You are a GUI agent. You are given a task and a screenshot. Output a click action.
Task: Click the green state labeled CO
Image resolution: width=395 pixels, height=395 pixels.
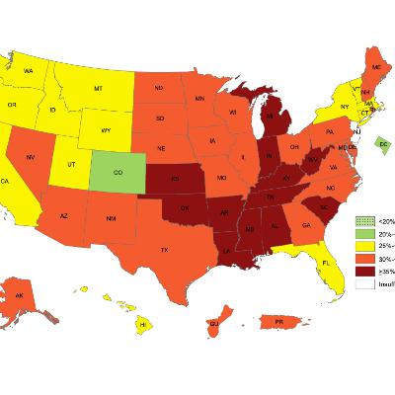click(x=118, y=171)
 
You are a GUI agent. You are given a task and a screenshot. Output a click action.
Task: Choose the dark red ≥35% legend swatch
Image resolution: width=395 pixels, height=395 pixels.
click(x=365, y=270)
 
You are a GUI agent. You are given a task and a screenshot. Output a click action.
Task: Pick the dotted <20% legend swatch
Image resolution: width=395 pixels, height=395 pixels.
click(x=365, y=219)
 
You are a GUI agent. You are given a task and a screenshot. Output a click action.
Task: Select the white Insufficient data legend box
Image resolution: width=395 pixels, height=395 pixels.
click(x=365, y=282)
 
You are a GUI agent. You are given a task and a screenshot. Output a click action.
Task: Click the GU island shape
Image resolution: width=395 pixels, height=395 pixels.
click(x=214, y=321)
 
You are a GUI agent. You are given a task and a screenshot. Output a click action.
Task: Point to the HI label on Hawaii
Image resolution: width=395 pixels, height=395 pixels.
click(x=143, y=324)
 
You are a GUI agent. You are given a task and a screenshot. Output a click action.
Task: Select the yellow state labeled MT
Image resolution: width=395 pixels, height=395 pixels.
click(x=99, y=89)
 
